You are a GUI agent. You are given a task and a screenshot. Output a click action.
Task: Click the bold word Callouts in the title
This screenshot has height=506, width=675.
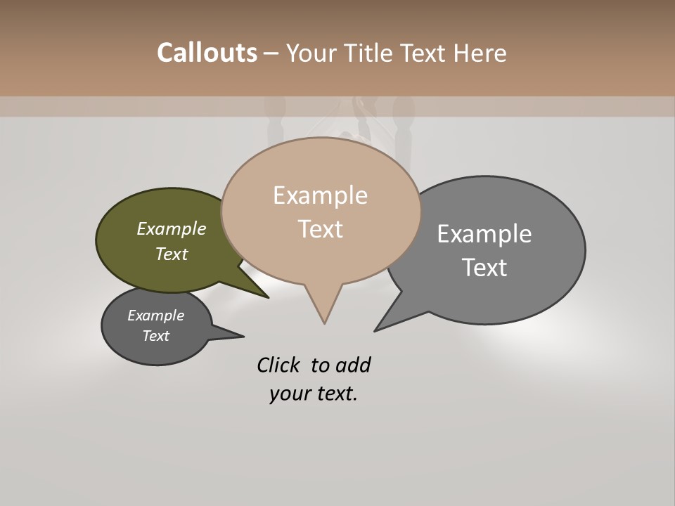click(207, 53)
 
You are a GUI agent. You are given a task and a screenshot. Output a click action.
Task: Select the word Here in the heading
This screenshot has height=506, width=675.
click(480, 53)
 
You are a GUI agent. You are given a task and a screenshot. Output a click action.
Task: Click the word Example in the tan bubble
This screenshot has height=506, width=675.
click(320, 195)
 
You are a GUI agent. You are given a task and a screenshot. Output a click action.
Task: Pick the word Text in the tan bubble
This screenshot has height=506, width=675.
click(320, 229)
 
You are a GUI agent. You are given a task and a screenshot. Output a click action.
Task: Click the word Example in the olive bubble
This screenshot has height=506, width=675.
click(172, 229)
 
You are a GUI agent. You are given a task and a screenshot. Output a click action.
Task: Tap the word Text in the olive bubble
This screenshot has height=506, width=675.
click(172, 254)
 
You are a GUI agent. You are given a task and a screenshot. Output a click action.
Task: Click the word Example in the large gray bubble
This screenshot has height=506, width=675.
click(484, 234)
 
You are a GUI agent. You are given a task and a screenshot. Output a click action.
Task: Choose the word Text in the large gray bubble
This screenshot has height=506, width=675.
click(484, 268)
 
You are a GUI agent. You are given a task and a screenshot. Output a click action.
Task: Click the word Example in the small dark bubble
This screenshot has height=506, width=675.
click(156, 316)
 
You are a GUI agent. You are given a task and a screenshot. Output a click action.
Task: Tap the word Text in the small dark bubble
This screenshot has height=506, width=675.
click(156, 336)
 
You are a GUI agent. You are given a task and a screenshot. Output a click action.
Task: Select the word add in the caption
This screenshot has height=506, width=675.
click(353, 365)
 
